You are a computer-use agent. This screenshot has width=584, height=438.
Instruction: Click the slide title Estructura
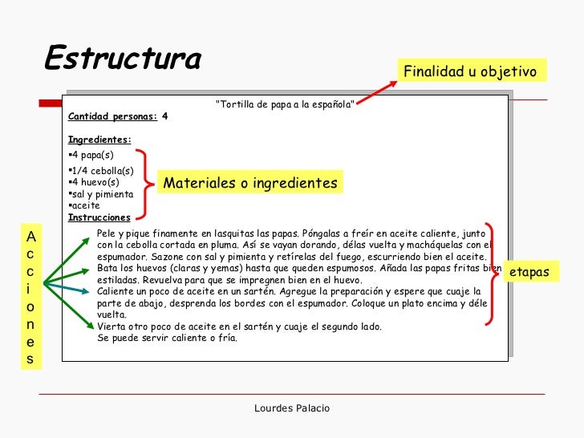[122, 58]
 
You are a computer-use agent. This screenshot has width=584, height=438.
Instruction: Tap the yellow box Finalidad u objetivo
[469, 71]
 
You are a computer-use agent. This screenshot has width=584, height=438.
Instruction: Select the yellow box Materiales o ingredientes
[250, 184]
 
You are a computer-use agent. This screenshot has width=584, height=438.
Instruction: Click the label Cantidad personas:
[113, 116]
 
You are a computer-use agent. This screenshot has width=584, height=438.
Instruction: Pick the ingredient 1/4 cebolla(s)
[101, 171]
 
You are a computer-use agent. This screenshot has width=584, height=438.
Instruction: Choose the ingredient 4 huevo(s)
[95, 182]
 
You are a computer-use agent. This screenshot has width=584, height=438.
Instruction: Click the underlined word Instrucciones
[99, 217]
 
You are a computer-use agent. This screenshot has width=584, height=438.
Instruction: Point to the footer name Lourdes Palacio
[291, 408]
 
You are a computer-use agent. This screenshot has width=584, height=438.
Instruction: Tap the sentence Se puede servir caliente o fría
[167, 338]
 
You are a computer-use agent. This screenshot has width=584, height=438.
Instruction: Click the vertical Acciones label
[30, 298]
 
